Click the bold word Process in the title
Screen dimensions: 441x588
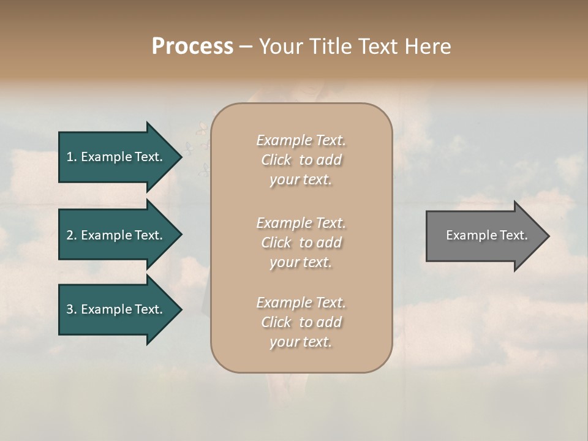coord(192,47)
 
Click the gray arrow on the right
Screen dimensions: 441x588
coord(484,236)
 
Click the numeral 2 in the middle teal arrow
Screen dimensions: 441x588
coord(70,235)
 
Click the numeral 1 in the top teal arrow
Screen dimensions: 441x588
coord(70,157)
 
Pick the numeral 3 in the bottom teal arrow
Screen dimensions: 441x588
coord(70,309)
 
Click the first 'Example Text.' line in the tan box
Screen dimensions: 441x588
coord(301,140)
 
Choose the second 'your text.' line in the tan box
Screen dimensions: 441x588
coord(301,262)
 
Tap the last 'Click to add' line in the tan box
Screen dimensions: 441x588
coord(301,322)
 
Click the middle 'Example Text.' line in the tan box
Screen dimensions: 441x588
coord(301,222)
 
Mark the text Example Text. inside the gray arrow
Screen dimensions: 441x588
coord(486,235)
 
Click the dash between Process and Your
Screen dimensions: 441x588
coord(246,47)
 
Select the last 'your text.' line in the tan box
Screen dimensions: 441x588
coord(301,342)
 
